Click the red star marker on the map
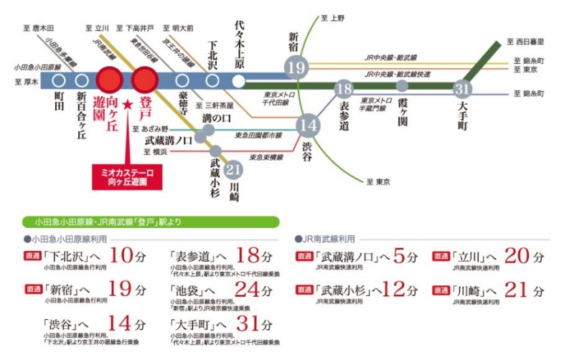pos(128,105)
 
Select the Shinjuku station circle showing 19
pos(296,69)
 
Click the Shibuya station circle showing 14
pos(309,124)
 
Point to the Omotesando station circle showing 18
pos(344,90)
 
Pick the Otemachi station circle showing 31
pos(462,90)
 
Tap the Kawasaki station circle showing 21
pos(232,169)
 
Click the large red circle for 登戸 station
pos(144,78)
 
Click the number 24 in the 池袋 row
pos(246,290)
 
